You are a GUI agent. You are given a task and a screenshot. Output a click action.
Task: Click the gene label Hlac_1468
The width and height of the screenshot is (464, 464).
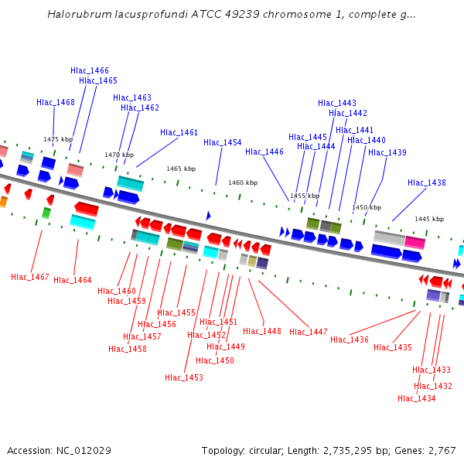pos(56,102)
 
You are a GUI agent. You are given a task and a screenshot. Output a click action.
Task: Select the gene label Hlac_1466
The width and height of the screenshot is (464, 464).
pos(90,70)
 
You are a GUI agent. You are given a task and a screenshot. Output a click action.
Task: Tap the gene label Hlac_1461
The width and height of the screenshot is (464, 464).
pos(179,132)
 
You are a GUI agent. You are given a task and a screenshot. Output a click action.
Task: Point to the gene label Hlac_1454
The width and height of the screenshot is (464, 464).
pos(223,142)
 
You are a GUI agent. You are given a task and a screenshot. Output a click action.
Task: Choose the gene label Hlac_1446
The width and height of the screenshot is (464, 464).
pos(264,152)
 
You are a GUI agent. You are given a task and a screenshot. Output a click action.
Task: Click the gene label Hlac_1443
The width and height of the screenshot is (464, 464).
pos(337,103)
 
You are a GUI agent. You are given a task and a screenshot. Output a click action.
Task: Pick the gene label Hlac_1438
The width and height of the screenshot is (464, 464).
pos(427,183)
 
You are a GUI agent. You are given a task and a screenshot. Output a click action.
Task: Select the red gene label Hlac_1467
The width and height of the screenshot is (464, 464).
pos(30,277)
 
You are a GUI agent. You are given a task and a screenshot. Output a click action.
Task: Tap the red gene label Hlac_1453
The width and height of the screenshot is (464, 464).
pos(184,377)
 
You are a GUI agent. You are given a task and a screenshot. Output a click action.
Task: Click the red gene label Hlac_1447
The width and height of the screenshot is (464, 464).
pos(309,332)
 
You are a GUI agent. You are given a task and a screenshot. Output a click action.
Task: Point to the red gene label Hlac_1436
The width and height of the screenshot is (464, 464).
pos(350,339)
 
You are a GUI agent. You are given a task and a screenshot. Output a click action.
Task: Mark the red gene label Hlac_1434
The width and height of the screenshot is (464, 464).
pos(417,398)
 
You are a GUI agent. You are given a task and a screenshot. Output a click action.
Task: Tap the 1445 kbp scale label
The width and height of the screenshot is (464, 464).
pos(429,219)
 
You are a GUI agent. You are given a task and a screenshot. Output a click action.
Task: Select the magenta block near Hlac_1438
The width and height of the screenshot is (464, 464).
pos(415,242)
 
